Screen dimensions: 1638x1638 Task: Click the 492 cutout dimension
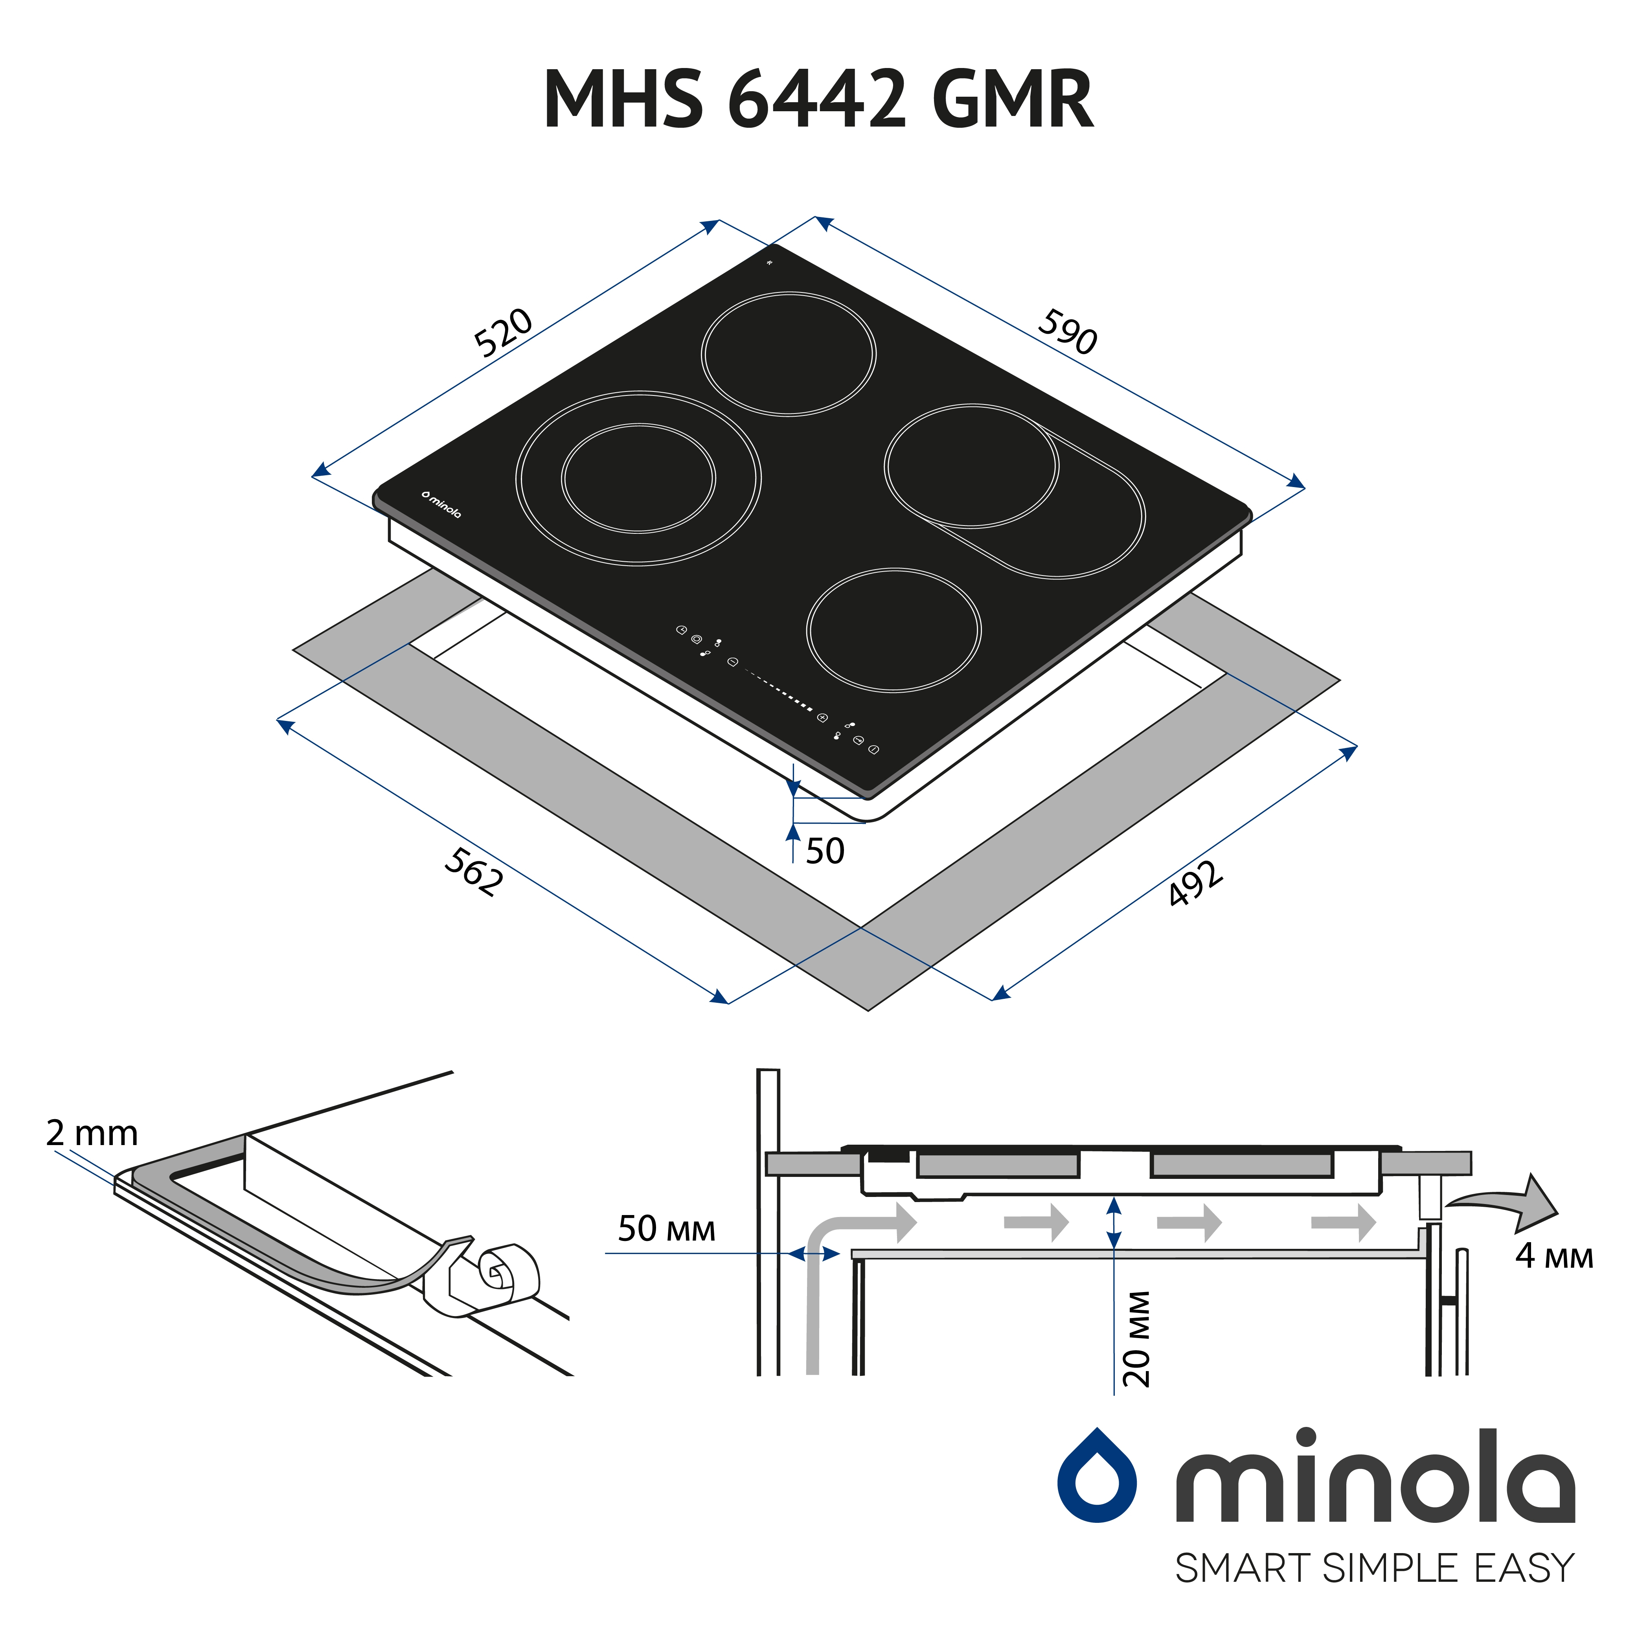click(1195, 883)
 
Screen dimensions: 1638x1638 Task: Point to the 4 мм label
click(1554, 1256)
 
